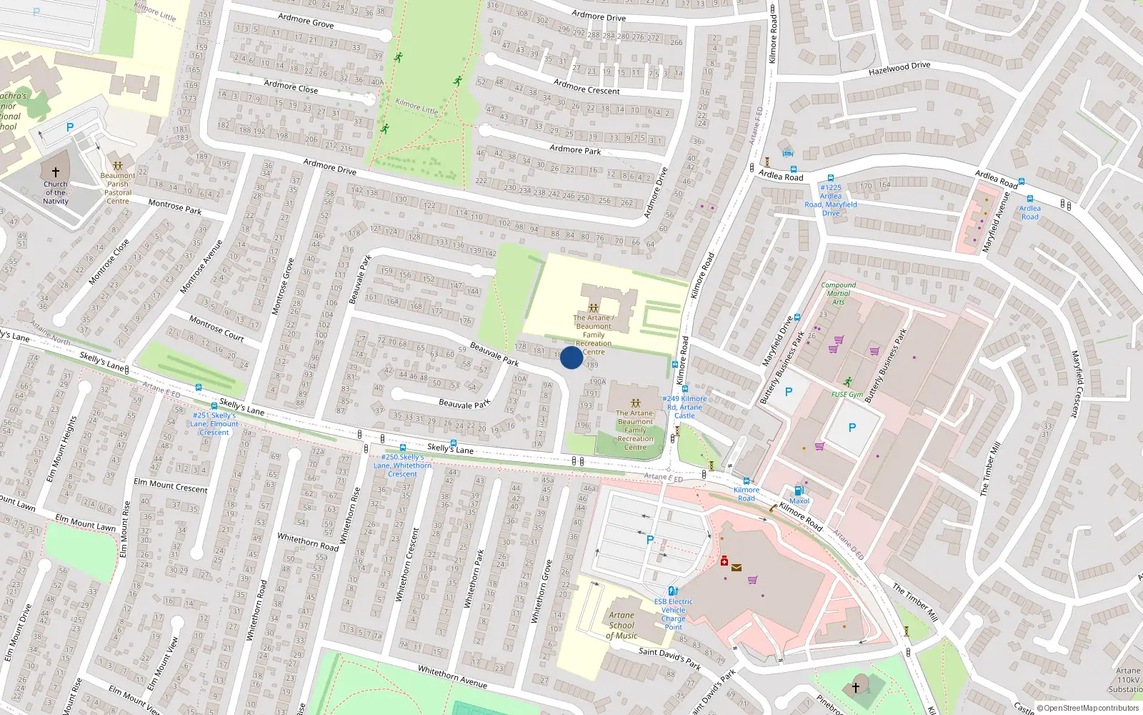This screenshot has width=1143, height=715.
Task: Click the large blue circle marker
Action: [x=571, y=357]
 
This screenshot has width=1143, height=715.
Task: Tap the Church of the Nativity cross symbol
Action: [x=55, y=172]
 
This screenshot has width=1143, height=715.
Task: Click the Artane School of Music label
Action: [x=622, y=625]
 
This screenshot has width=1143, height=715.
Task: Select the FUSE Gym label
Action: [x=847, y=395]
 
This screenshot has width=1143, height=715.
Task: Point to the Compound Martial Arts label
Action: [x=838, y=293]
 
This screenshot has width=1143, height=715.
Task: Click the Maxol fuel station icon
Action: [x=799, y=490]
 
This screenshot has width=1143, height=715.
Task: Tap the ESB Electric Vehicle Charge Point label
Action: [x=673, y=614]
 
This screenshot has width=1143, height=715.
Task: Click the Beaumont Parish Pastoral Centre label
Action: [x=118, y=188]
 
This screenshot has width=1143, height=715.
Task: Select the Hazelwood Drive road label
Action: [x=899, y=69]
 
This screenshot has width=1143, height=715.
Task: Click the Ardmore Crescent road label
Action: [x=587, y=87]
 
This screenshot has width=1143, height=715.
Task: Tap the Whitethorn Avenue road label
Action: [x=452, y=676]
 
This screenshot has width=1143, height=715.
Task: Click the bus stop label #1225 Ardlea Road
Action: [x=831, y=199]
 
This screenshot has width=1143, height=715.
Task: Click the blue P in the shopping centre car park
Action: [x=650, y=540]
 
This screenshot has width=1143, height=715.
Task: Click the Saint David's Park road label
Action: [x=669, y=658]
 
